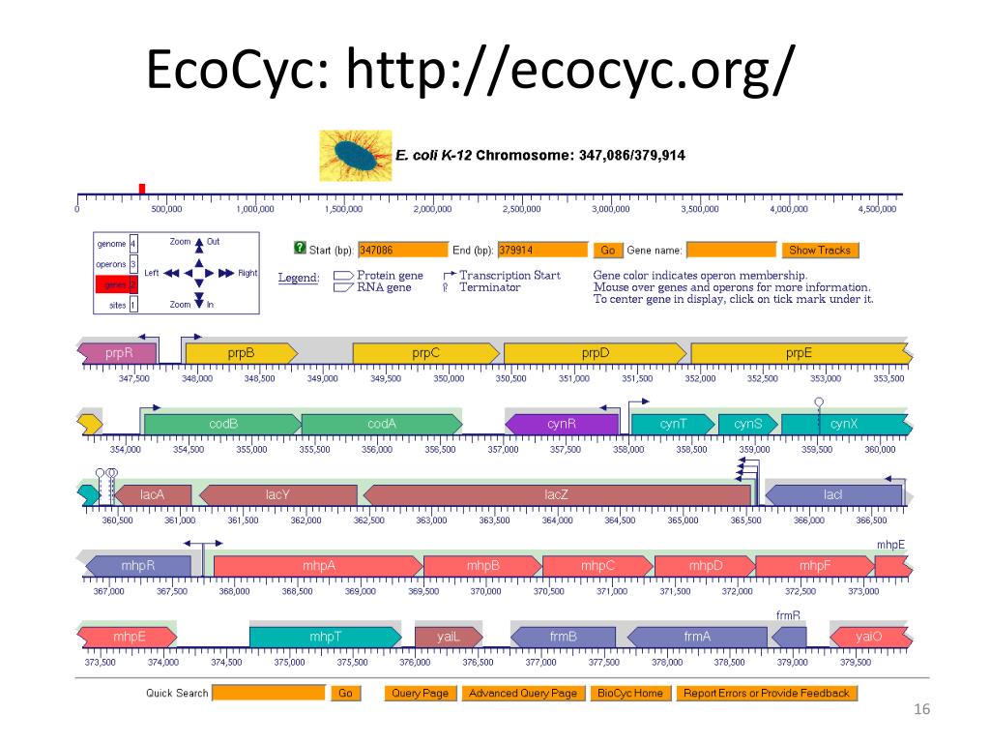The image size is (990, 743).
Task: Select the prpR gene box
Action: point(117,353)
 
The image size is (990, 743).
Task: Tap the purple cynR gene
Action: point(562,424)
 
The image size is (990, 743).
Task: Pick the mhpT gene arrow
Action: point(325,637)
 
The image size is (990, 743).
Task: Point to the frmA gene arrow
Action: point(697,637)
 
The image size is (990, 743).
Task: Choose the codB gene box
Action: point(223,424)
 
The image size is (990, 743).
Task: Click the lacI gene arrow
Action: point(833,495)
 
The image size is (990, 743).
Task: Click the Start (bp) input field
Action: point(403,250)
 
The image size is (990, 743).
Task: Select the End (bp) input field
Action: point(543,250)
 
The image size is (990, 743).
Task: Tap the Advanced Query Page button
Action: point(522,693)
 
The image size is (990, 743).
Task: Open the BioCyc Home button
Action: point(630,693)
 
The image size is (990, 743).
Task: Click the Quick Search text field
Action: point(269,693)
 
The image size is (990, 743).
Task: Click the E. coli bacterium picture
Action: point(356,155)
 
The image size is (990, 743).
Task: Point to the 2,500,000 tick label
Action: point(521,209)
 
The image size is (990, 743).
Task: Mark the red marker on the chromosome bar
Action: point(142,188)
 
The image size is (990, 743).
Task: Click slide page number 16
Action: point(920,711)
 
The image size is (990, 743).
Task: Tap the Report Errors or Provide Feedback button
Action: point(767,693)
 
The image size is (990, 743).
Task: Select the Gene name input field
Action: point(731,250)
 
